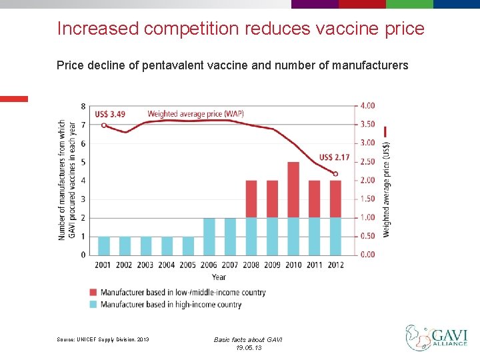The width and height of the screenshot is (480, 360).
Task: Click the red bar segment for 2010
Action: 293,190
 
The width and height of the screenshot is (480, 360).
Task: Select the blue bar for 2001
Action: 104,245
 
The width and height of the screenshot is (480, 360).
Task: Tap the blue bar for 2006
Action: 209,236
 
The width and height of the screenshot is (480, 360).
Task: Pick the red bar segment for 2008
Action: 251,199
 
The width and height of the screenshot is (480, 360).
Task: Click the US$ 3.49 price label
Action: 110,114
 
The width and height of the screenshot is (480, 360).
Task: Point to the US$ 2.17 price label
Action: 334,157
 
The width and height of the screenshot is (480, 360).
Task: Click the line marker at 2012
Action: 335,174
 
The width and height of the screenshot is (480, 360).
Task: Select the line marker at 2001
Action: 103,125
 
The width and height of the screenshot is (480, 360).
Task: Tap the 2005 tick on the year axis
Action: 188,265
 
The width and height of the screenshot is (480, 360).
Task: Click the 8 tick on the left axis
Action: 83,106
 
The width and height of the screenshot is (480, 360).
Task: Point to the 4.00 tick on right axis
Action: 367,105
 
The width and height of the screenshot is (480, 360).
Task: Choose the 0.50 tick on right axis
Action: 367,236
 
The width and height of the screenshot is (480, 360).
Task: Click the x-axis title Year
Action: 219,277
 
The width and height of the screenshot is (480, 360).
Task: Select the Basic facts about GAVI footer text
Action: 248,340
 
